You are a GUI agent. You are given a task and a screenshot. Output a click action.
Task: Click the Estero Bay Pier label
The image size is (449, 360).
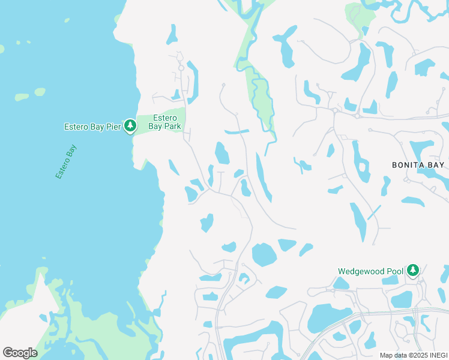click(92, 127)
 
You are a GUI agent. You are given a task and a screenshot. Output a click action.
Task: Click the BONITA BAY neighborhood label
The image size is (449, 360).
click(418, 164)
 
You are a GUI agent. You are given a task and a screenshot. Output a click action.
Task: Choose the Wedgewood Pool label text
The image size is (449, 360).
click(370, 271)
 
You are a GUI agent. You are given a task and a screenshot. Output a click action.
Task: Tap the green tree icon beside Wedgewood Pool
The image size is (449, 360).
click(412, 271)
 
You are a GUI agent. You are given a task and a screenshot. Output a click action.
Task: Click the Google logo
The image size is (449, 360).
click(20, 353)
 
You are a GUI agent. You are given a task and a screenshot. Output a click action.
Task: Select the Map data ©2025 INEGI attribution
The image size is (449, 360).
click(414, 355)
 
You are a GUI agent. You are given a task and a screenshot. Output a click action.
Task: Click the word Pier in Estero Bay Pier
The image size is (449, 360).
click(113, 127)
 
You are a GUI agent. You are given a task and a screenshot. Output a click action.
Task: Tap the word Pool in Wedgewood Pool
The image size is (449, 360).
click(395, 271)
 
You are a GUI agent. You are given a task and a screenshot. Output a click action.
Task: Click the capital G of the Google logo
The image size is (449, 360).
click(8, 353)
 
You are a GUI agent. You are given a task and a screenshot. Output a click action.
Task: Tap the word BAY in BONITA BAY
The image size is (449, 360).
click(437, 164)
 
